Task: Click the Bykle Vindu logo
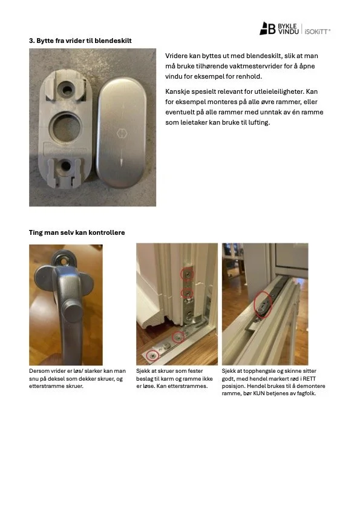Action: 279,28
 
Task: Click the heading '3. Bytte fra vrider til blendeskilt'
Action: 80,41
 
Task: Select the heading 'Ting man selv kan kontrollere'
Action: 77,232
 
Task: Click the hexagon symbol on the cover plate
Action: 122,133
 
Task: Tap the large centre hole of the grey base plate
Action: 67,127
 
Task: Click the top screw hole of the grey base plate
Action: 67,89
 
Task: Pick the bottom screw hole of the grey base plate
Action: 66,166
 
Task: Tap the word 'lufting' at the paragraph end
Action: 259,123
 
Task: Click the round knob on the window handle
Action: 73,311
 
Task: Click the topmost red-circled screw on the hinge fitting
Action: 187,275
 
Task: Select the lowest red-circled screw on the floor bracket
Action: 152,355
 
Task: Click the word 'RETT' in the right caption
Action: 309,378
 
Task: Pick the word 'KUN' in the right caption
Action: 259,393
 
